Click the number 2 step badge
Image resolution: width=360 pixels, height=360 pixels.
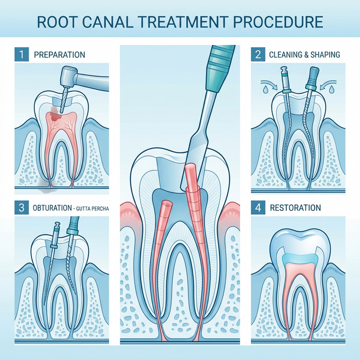[258, 55]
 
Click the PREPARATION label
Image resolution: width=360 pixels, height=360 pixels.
[60, 55]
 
